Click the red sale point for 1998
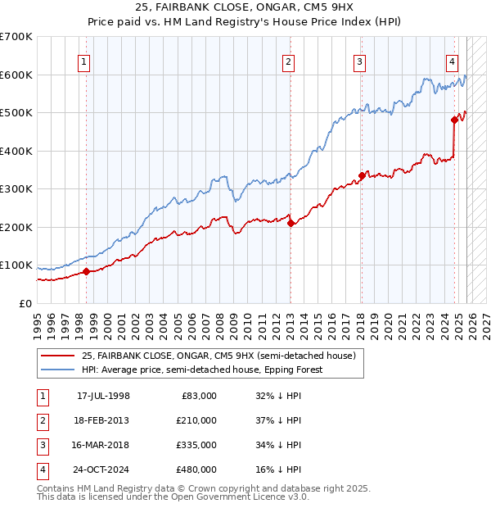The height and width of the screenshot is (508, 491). [x=86, y=271]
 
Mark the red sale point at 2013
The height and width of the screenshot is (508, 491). [x=291, y=223]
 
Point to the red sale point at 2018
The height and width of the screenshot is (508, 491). [x=362, y=175]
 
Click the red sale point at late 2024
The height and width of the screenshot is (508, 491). [x=454, y=120]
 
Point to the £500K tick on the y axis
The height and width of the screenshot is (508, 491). [x=16, y=113]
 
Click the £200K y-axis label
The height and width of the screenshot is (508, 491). [x=16, y=227]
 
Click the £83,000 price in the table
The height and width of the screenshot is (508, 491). [x=199, y=396]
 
